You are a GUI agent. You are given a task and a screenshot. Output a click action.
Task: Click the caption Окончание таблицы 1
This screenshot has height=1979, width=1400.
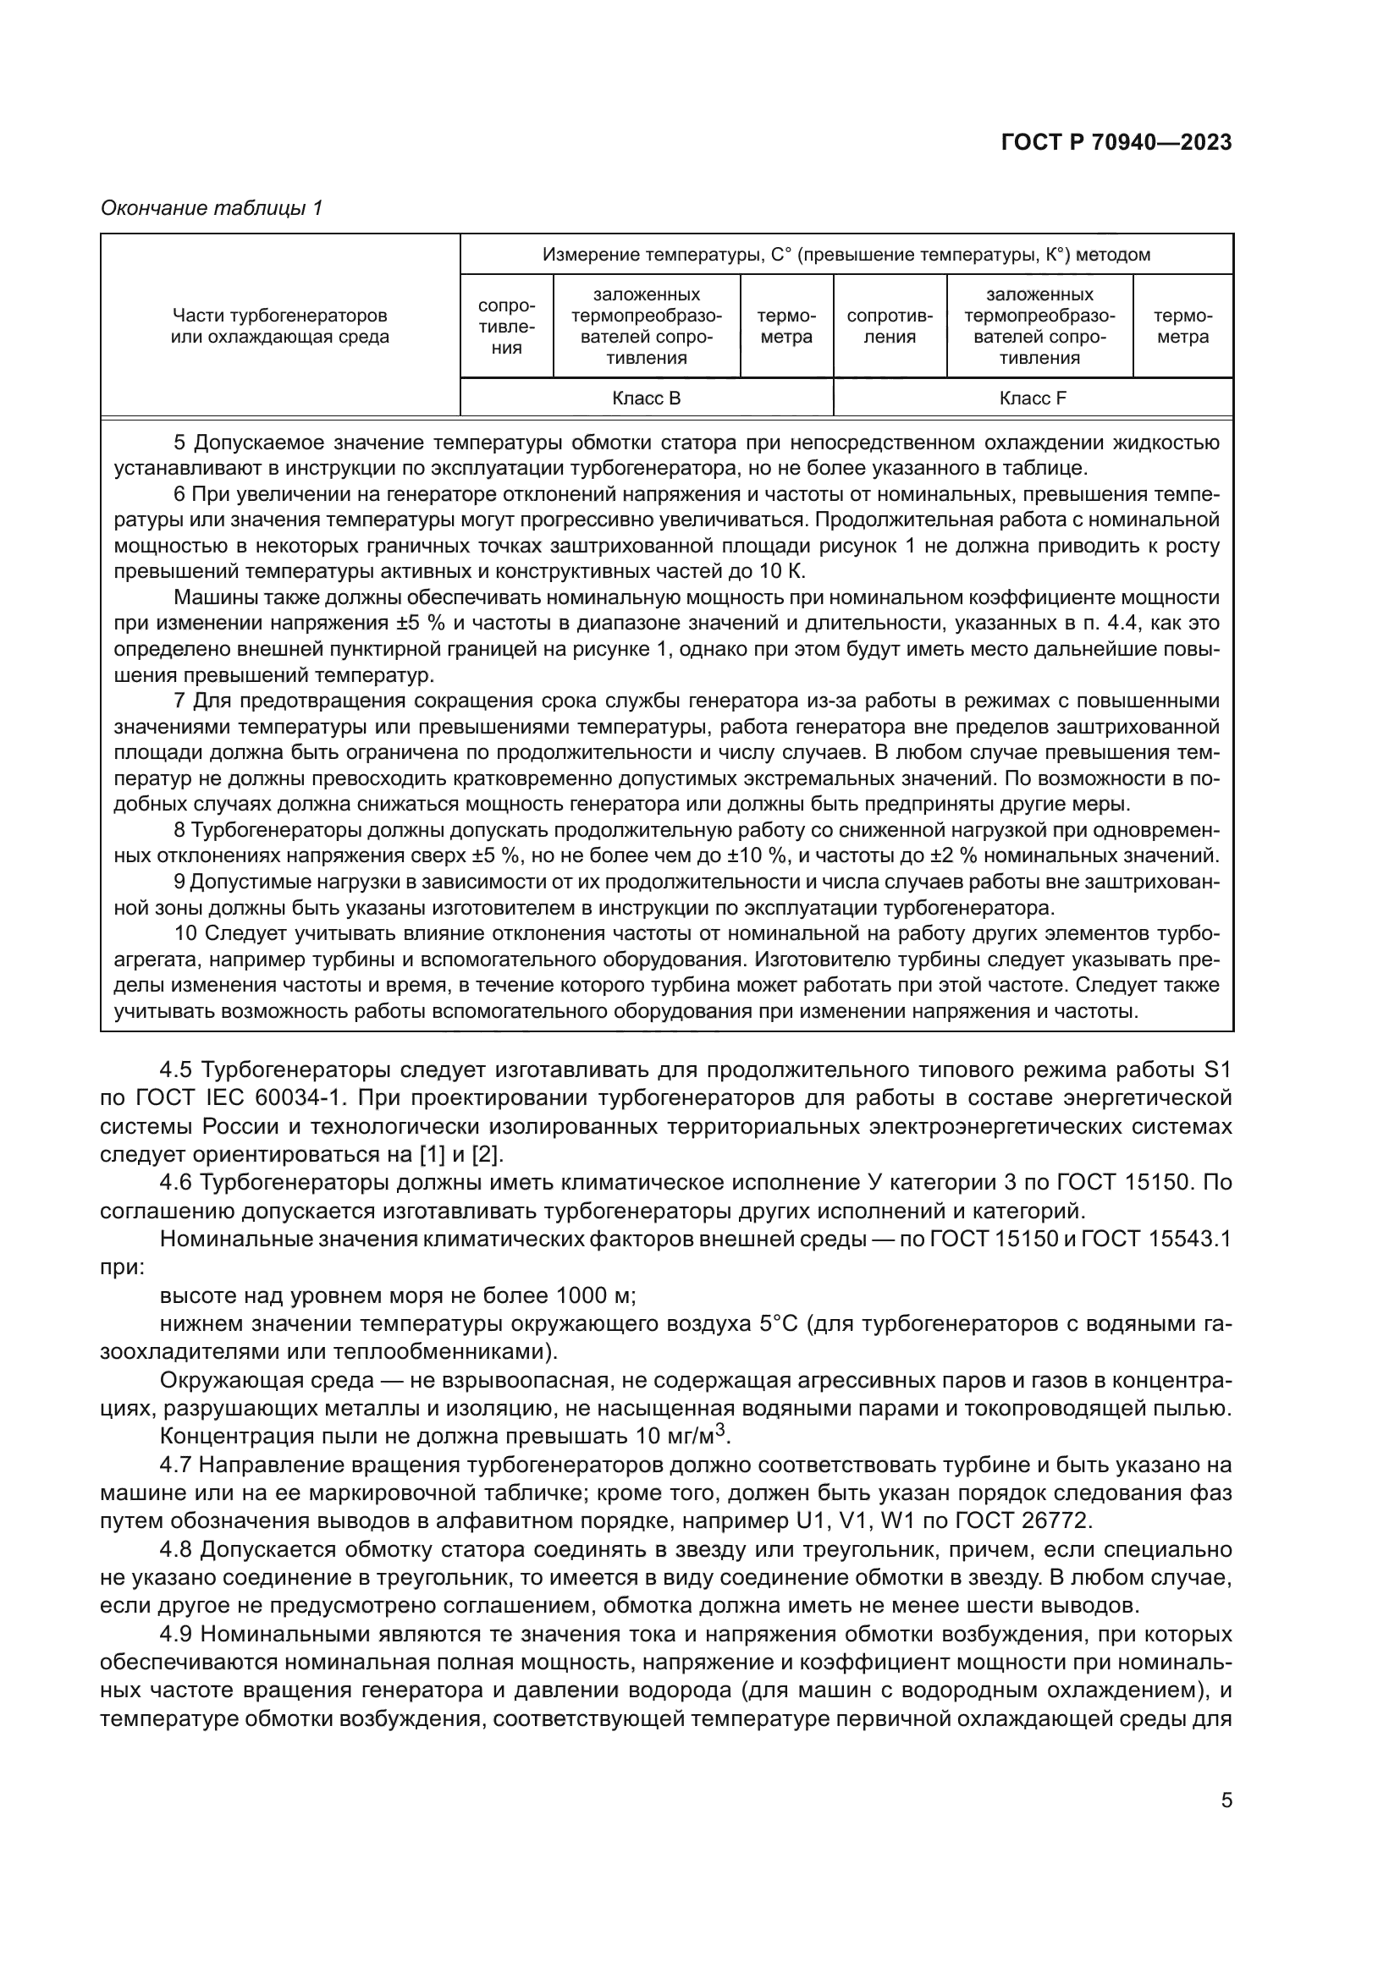(212, 208)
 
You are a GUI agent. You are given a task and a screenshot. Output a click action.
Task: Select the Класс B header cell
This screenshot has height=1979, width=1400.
(646, 399)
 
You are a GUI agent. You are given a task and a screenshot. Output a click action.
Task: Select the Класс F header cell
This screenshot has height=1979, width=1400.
(1033, 399)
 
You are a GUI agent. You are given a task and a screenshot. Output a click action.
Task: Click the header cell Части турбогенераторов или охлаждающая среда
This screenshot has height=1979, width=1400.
(279, 326)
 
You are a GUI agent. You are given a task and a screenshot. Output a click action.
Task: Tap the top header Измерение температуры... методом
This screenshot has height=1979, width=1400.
(846, 255)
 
